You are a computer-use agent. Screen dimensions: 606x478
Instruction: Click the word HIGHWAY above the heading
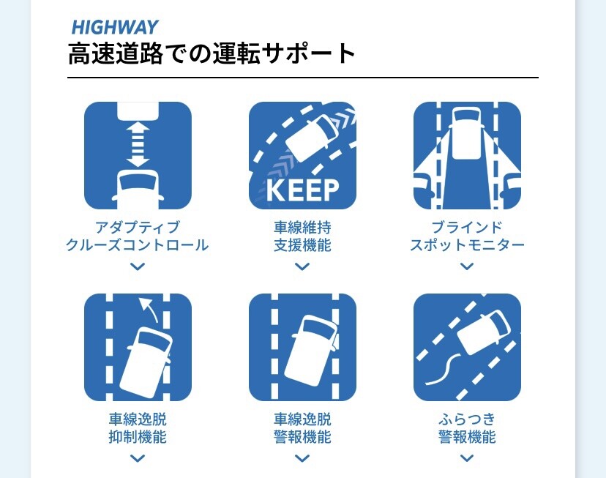115,27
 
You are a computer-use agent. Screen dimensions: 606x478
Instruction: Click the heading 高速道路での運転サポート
212,53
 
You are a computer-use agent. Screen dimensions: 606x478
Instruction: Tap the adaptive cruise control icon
138,155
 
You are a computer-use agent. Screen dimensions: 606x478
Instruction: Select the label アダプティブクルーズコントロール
137,236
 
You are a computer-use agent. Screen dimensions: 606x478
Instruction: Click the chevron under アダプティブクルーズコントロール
138,266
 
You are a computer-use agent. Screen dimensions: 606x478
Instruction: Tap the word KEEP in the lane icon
302,190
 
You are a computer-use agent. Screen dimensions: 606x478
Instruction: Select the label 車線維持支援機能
302,236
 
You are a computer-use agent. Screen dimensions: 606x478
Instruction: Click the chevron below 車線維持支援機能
302,266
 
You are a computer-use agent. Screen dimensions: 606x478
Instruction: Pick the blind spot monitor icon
467,155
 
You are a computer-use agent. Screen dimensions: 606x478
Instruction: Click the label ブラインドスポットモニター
467,236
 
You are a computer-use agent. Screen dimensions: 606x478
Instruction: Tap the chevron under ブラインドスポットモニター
467,266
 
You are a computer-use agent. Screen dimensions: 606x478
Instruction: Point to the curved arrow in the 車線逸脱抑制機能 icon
149,308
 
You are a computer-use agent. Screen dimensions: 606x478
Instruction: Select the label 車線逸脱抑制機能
138,428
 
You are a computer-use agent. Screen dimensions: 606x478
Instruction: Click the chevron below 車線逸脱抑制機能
138,458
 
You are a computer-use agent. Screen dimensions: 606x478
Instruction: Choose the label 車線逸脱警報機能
302,428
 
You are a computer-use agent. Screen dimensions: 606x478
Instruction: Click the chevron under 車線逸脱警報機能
302,458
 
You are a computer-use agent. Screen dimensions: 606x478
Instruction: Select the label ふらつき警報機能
467,428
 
